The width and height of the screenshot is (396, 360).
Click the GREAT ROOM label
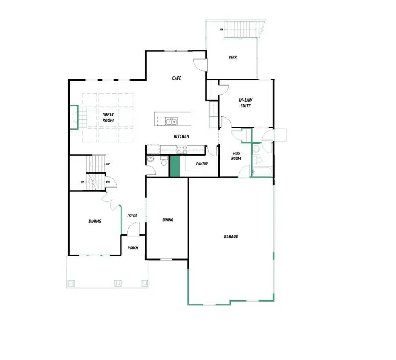pyautogui.click(x=108, y=117)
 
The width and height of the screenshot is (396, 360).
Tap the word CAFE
pyautogui.click(x=177, y=78)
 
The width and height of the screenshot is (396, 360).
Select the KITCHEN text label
pyautogui.click(x=181, y=136)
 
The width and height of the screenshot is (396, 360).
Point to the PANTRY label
pyautogui.click(x=202, y=164)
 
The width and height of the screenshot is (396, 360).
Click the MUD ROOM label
pyautogui.click(x=236, y=156)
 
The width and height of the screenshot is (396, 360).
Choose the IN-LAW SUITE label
pyautogui.click(x=246, y=103)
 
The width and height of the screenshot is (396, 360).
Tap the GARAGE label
pyautogui.click(x=231, y=236)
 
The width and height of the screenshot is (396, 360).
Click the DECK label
pyautogui.click(x=233, y=57)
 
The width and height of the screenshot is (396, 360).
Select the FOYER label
pyautogui.click(x=132, y=215)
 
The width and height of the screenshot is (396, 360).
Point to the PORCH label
pyautogui.click(x=133, y=248)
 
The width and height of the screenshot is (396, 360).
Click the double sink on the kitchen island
pyautogui.click(x=172, y=121)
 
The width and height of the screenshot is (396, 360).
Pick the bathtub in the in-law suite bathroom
pyautogui.click(x=261, y=171)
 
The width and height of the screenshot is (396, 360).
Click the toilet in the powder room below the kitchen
pyautogui.click(x=164, y=163)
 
